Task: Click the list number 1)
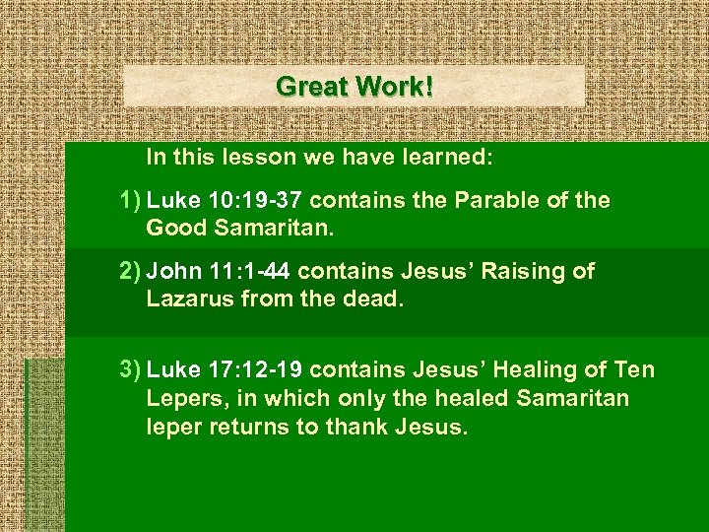click(x=128, y=201)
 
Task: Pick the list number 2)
click(x=128, y=271)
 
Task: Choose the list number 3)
click(x=128, y=370)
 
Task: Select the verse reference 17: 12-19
click(x=259, y=370)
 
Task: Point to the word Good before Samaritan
click(x=173, y=229)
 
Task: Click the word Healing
click(x=533, y=370)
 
